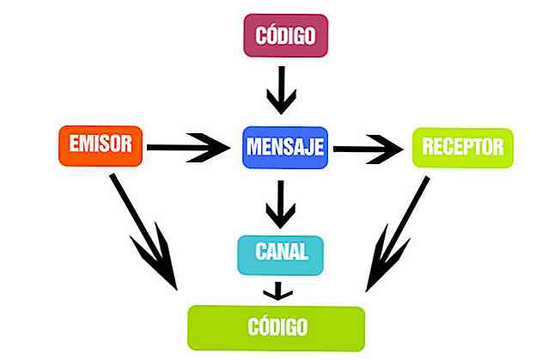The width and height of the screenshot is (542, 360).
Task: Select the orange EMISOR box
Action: pos(100,145)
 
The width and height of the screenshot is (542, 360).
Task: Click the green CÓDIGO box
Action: pos(276,326)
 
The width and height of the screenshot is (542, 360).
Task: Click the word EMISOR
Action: pos(100,145)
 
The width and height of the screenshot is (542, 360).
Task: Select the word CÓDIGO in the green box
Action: pos(276,326)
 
